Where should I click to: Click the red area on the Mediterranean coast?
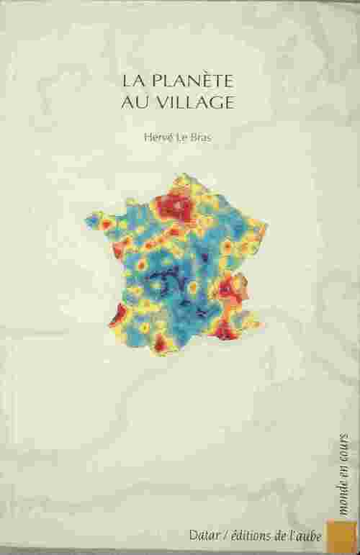tap(225, 331)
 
